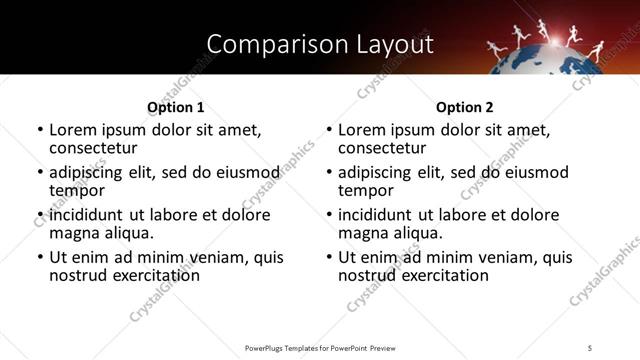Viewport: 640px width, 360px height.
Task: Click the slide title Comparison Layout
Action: [x=320, y=45]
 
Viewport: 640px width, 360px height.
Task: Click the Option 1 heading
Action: [x=175, y=107]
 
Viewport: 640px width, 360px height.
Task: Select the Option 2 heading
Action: [x=465, y=107]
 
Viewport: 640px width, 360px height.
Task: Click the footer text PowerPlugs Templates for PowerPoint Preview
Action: [x=320, y=347]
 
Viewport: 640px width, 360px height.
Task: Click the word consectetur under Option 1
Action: [x=92, y=148]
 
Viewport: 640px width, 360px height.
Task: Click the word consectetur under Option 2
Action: [x=381, y=148]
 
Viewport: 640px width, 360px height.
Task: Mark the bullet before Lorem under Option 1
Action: [x=40, y=130]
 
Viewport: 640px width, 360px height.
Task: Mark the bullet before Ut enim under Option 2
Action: [x=329, y=258]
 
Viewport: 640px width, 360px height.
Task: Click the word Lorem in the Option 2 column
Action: [x=361, y=130]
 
